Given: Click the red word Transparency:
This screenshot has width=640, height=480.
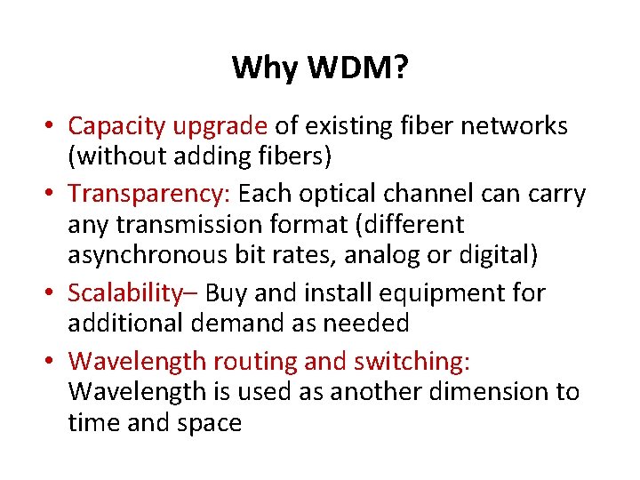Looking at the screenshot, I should click(x=149, y=194).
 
